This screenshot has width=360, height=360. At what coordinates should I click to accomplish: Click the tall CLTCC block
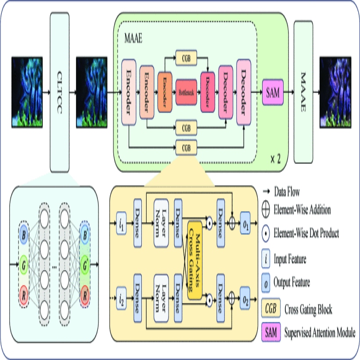tap(60, 92)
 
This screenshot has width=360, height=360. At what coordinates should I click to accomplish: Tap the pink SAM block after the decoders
tap(272, 93)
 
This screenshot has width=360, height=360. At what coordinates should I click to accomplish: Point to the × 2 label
tap(275, 158)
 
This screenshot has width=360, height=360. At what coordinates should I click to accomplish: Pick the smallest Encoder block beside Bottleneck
tap(164, 93)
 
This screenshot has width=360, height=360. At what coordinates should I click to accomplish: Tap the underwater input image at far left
tap(27, 92)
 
